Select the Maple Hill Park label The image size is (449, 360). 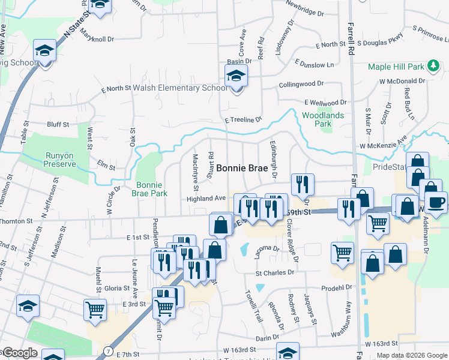coord(397,66)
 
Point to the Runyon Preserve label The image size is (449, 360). coord(61,160)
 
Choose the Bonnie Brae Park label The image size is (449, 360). coord(150,189)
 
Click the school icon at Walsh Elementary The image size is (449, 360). coord(236,76)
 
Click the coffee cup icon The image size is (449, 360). coord(436,202)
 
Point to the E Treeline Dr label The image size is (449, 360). coord(244,120)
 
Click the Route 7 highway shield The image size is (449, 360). coord(107,350)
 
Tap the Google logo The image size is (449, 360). coord(20,353)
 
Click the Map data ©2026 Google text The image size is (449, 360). coord(411,355)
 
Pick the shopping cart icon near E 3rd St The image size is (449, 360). coord(95,310)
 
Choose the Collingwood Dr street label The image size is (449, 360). coord(301,85)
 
